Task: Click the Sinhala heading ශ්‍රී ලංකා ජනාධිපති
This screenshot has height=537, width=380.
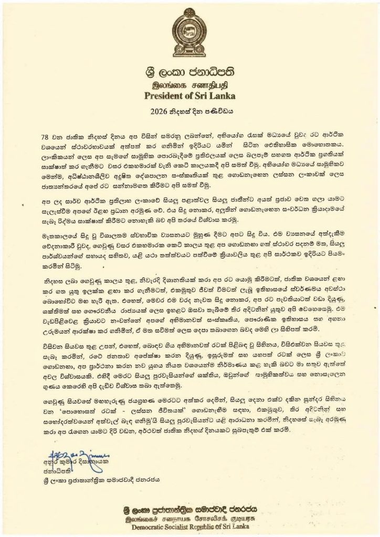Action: [190, 72]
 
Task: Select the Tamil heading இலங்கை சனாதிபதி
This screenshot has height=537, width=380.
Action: [190, 84]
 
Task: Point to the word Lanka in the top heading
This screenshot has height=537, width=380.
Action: [220, 95]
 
